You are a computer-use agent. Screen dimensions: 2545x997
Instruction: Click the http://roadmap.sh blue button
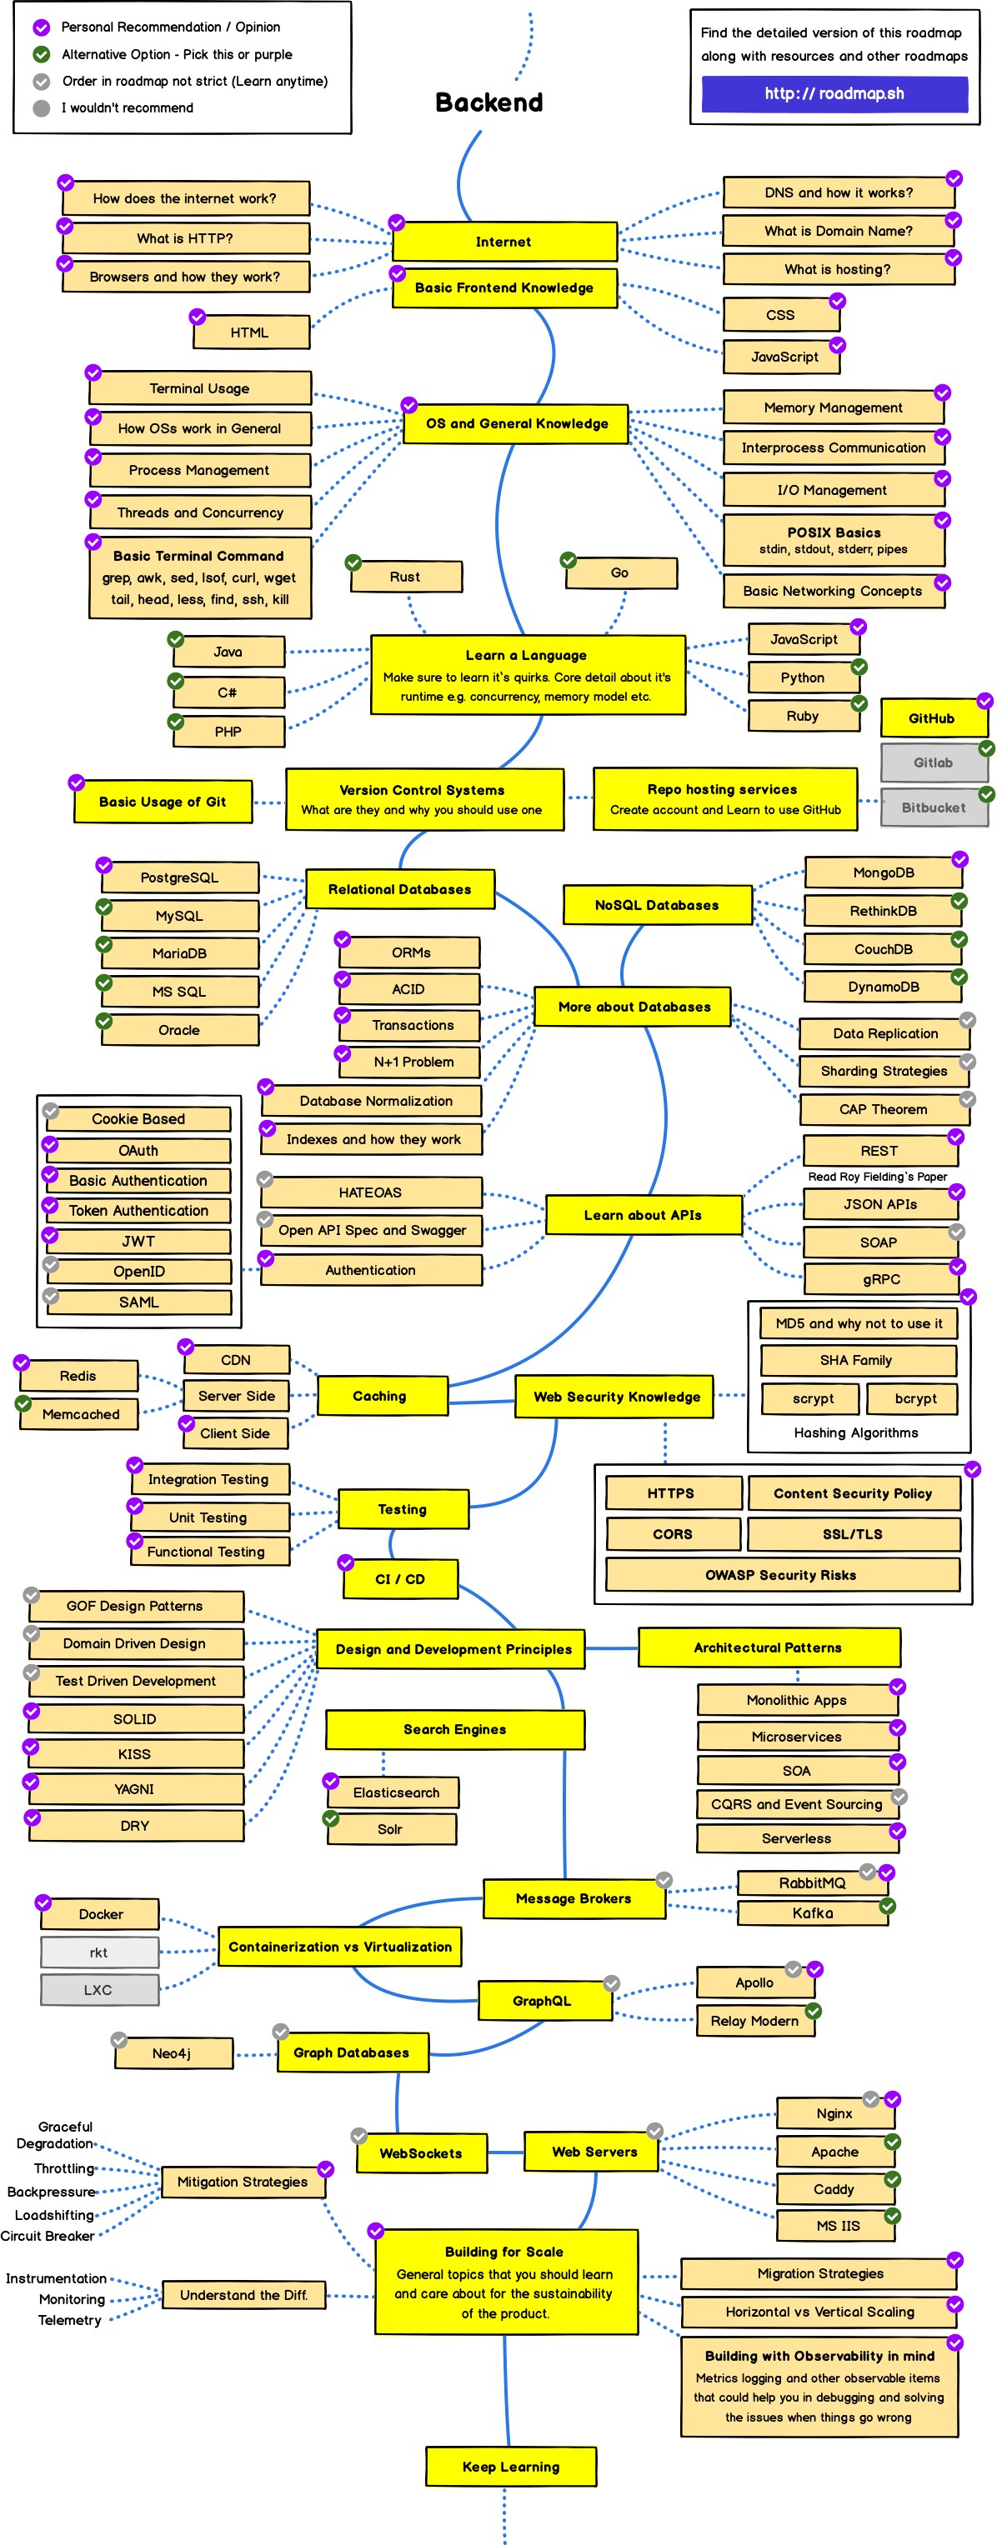click(x=834, y=94)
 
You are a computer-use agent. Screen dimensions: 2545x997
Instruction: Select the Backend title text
click(x=489, y=102)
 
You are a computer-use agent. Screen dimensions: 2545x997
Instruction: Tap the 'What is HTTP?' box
click(x=186, y=238)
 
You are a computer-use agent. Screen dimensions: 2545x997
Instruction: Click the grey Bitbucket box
click(x=933, y=807)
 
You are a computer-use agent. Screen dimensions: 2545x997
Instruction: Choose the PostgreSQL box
click(x=179, y=877)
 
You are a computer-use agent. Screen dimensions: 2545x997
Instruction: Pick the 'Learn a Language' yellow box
click(x=527, y=675)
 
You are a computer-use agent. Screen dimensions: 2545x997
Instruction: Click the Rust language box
click(x=405, y=577)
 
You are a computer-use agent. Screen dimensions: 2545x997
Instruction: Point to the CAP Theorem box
click(x=883, y=1109)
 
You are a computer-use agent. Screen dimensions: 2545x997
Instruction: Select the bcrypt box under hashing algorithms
click(x=915, y=1399)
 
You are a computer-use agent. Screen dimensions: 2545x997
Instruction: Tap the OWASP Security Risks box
click(x=780, y=1575)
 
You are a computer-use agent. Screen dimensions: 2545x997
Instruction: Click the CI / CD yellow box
click(x=400, y=1579)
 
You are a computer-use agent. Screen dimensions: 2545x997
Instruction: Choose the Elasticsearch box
click(x=395, y=1792)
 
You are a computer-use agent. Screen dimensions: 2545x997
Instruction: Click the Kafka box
click(x=812, y=1913)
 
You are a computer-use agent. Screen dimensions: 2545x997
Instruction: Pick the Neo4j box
click(x=172, y=2053)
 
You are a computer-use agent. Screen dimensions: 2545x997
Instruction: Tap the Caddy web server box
click(x=834, y=2189)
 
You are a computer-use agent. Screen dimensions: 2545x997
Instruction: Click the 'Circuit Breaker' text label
click(x=48, y=2236)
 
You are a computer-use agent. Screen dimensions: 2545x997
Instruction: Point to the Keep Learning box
click(x=511, y=2467)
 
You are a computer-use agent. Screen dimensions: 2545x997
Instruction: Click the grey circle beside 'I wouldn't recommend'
click(x=42, y=108)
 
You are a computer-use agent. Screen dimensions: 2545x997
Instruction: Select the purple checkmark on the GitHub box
click(x=984, y=701)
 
